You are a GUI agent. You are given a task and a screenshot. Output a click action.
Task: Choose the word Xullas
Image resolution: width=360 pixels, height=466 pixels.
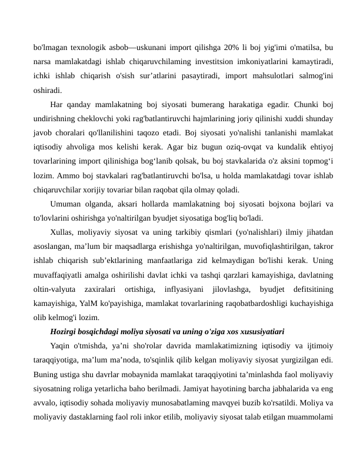tap(62, 232)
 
